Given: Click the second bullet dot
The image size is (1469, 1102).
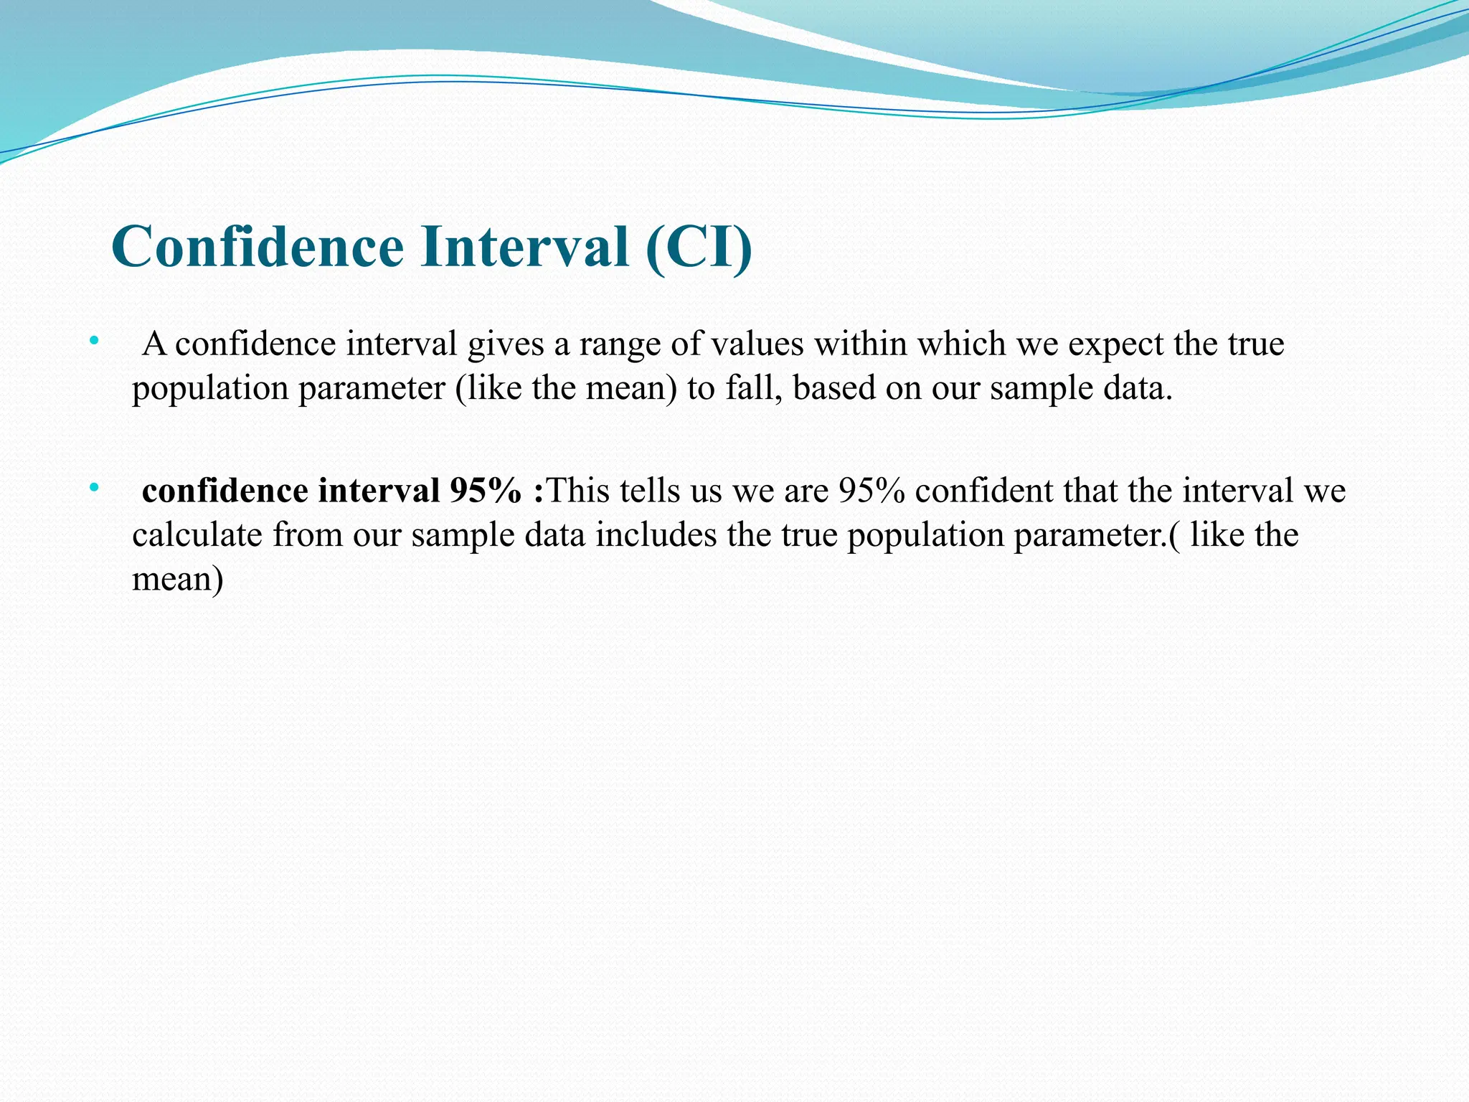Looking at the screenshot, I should click(x=93, y=489).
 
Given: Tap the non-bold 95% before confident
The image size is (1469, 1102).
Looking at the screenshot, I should click(x=872, y=491).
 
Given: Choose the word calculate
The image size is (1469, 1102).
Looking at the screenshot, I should click(x=197, y=535).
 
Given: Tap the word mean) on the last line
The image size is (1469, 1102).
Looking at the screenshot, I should click(x=178, y=579).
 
